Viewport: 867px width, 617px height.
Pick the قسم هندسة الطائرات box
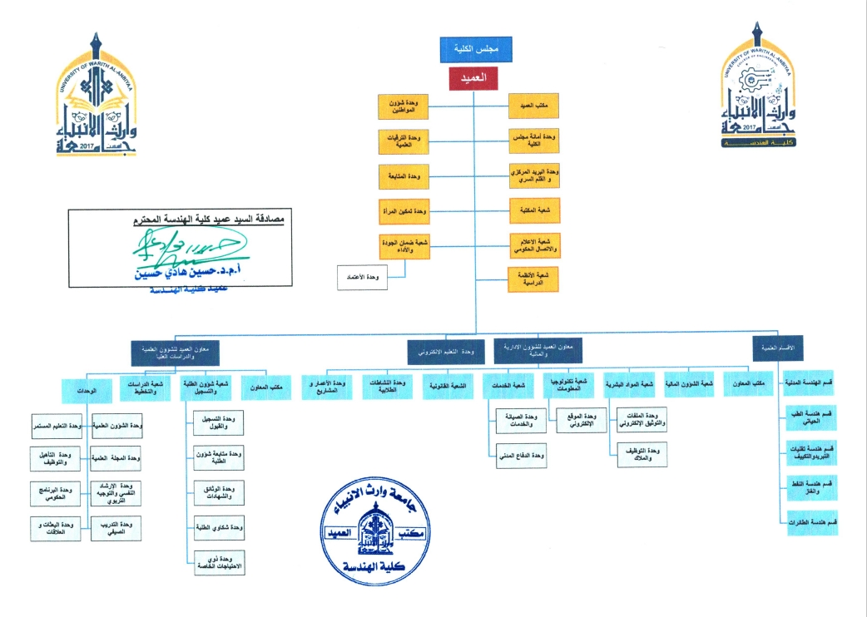(812, 521)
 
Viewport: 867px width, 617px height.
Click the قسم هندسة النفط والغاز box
(812, 486)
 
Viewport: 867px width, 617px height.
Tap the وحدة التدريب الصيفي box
(116, 527)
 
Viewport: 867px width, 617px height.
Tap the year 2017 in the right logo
(743, 126)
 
